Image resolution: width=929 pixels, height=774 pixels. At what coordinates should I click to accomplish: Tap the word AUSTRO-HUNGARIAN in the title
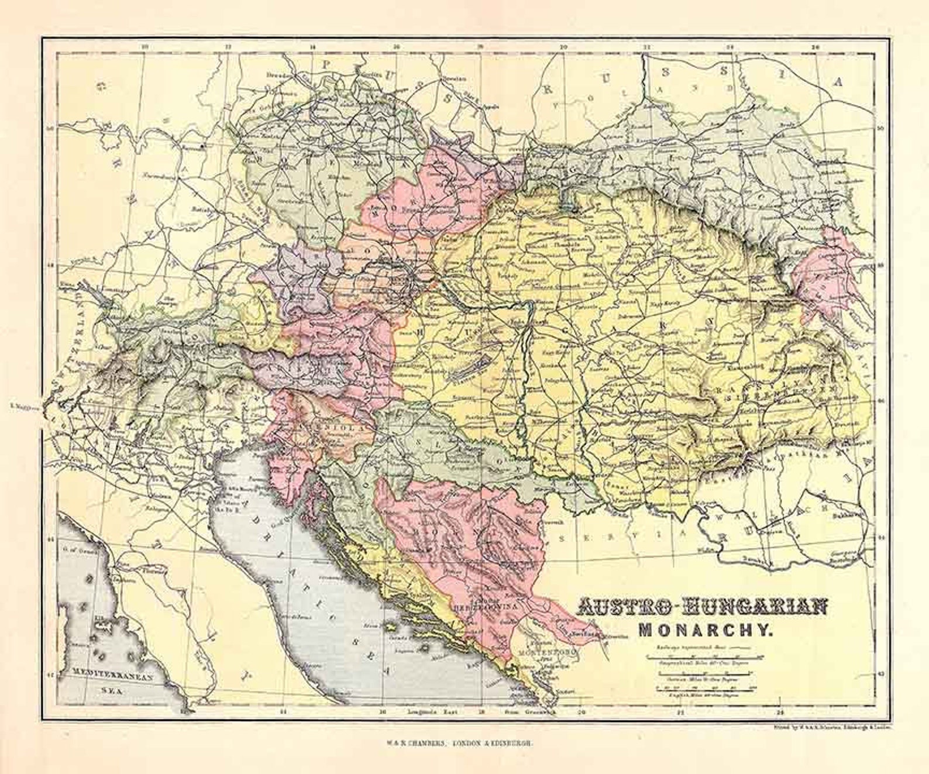703,607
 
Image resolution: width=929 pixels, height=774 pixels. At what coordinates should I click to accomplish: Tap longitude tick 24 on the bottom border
780,713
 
